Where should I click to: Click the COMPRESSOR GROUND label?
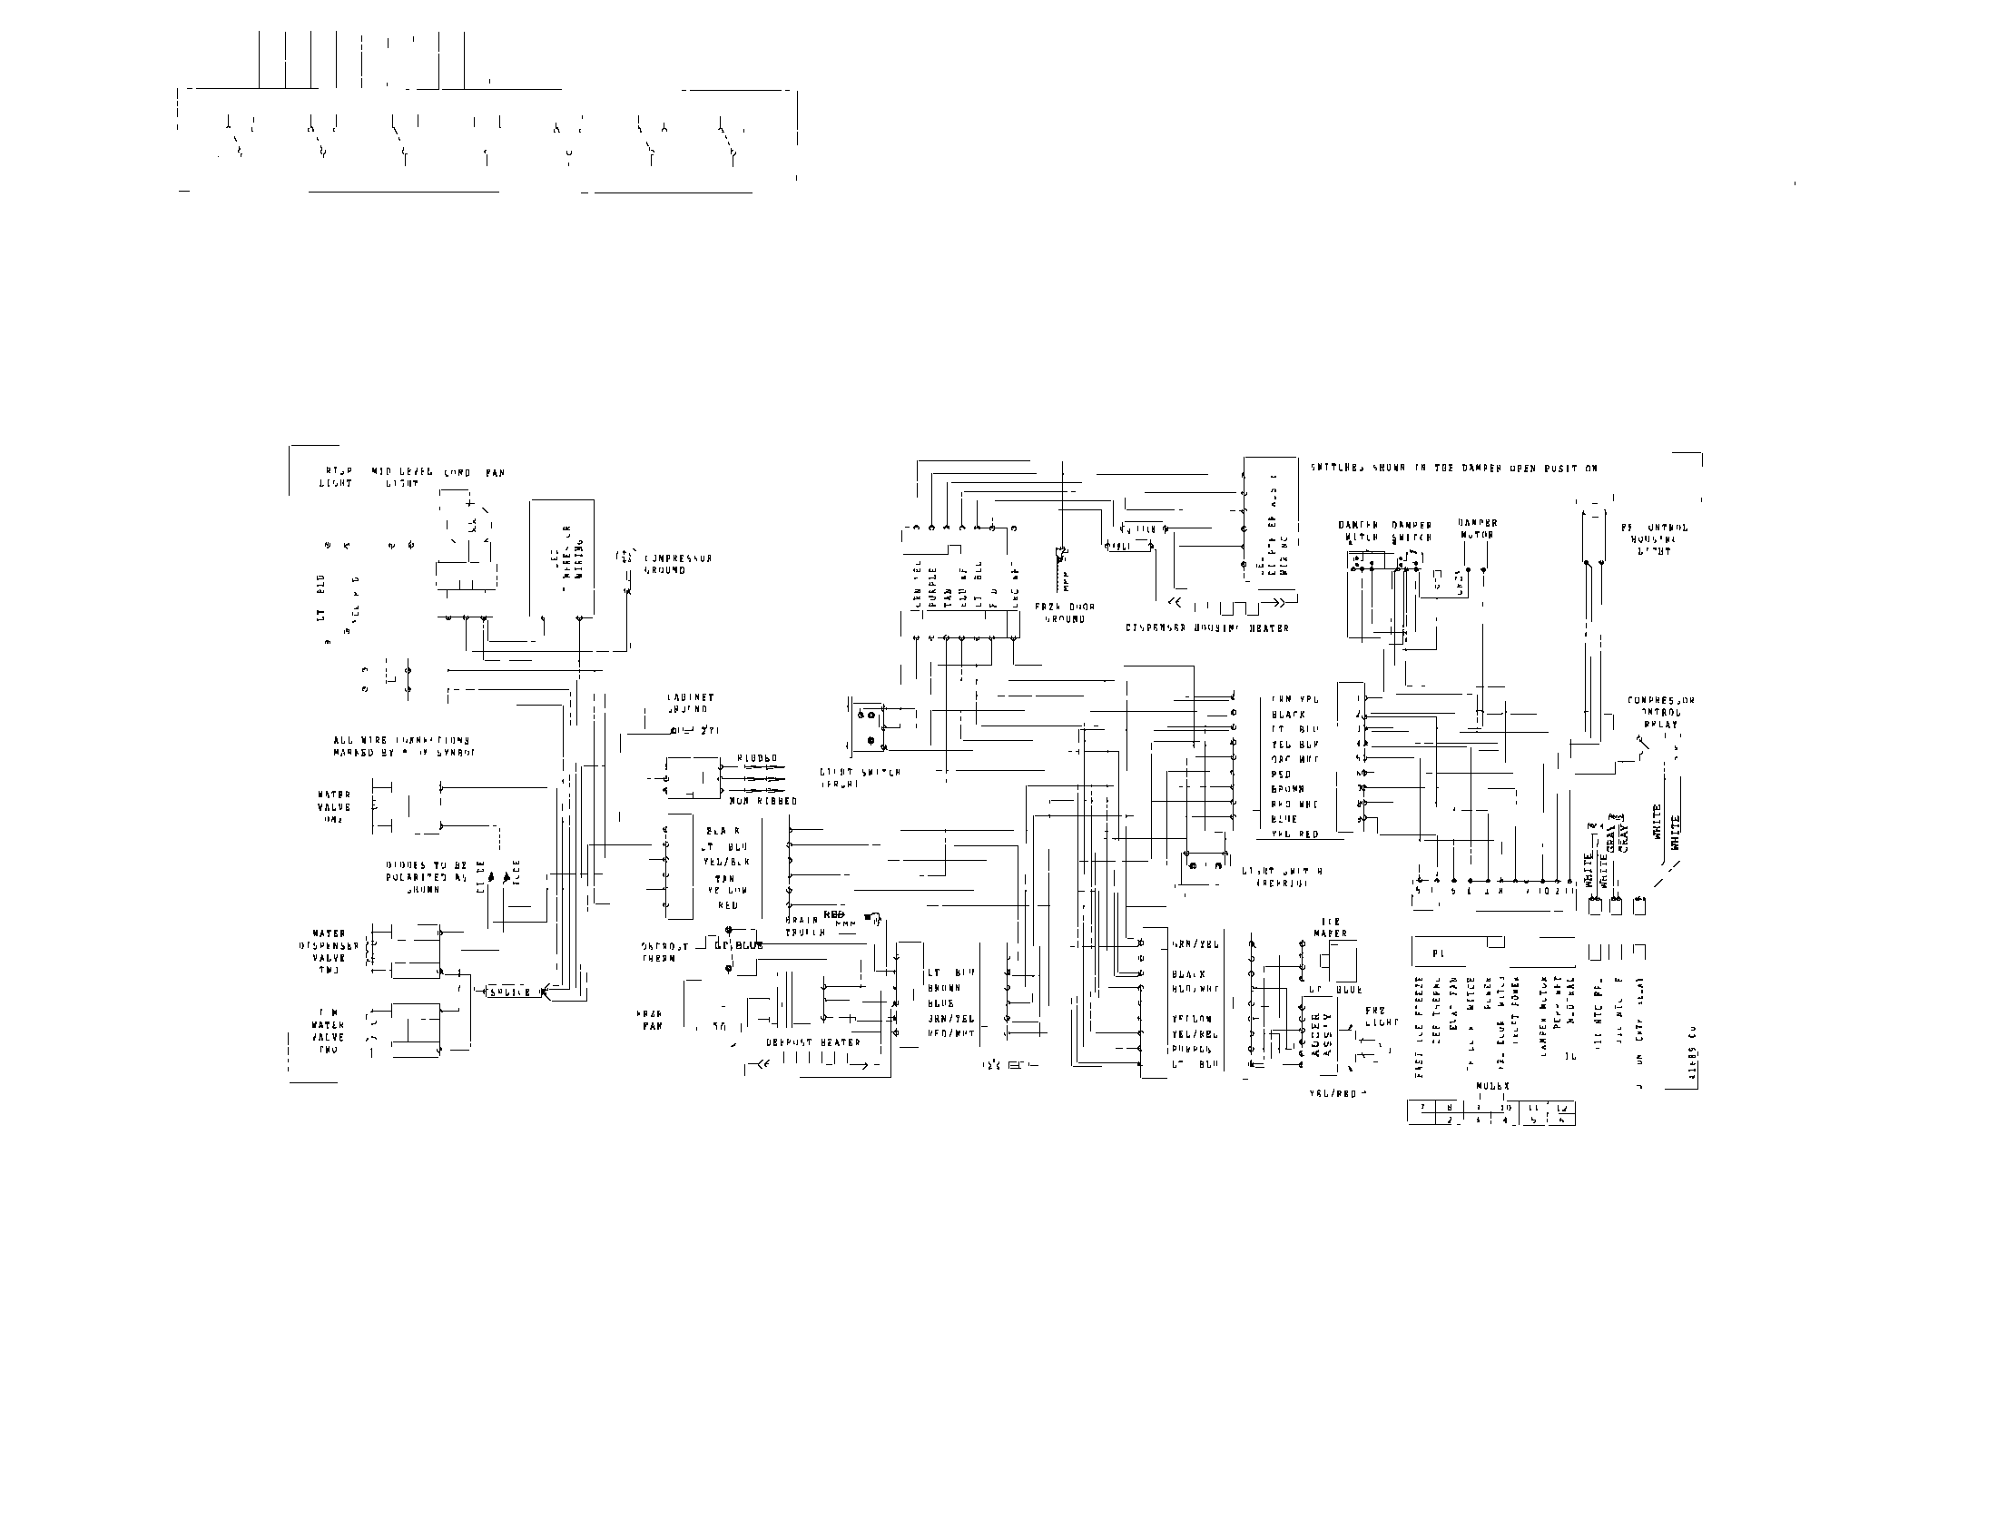point(677,564)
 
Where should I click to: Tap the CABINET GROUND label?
point(691,703)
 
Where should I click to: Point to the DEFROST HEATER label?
point(813,1041)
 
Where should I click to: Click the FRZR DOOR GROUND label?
point(1065,613)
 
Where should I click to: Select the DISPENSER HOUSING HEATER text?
point(1207,628)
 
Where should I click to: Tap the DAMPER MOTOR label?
point(1478,529)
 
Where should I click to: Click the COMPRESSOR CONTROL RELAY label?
point(1660,713)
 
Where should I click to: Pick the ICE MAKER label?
point(1331,927)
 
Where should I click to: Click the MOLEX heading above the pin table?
point(1492,1086)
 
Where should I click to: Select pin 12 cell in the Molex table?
point(1563,1108)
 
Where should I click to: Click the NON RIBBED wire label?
point(762,801)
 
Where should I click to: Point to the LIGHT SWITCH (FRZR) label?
point(860,777)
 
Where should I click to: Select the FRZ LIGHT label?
point(1381,1016)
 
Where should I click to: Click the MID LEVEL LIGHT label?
point(401,478)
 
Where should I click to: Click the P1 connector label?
point(1439,953)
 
